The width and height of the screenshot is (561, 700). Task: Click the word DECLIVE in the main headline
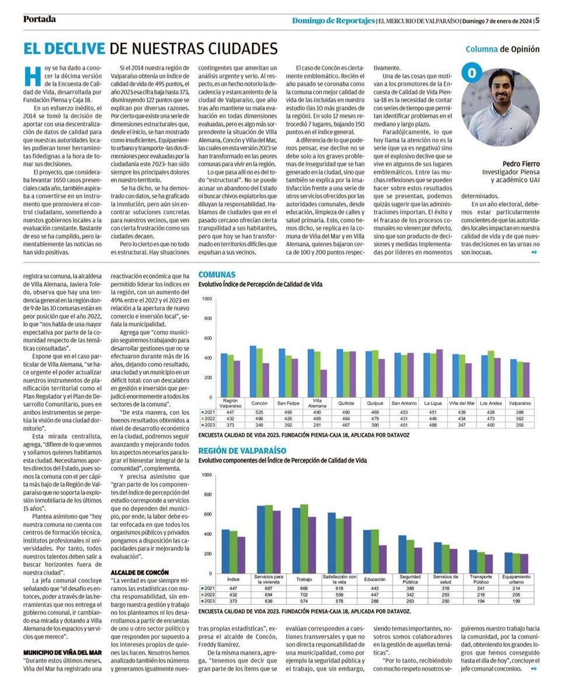coord(64,48)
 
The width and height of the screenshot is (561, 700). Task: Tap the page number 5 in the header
coord(536,19)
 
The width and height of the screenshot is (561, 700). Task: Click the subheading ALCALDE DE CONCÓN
coord(141,573)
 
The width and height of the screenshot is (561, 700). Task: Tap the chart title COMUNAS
coord(217,274)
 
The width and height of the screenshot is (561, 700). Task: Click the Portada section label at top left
coord(40,19)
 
